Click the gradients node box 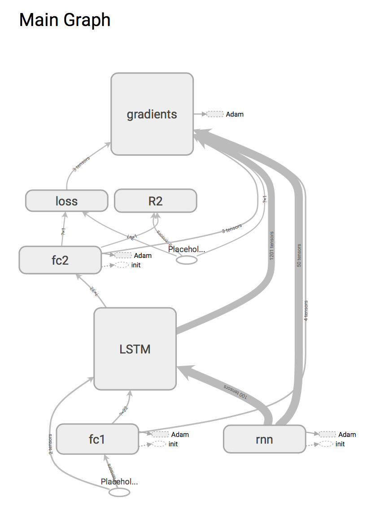(152, 114)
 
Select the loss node (66, 201)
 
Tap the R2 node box (155, 201)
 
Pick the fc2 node (60, 260)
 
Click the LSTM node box (135, 349)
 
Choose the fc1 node (97, 439)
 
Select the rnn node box (264, 439)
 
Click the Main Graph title (65, 20)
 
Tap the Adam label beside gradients (235, 114)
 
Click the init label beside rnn (340, 444)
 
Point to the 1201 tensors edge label (272, 247)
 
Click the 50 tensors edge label (299, 256)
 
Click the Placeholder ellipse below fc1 (119, 492)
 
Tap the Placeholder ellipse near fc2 (186, 260)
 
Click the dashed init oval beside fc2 (122, 265)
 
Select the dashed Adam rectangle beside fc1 (160, 434)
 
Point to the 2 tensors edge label (51, 444)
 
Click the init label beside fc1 (173, 444)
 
